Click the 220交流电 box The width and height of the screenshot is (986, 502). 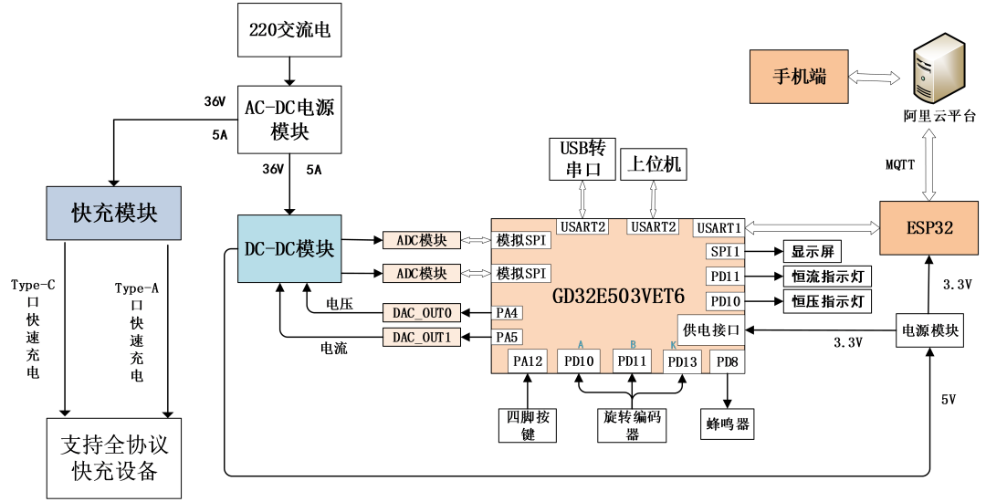289,29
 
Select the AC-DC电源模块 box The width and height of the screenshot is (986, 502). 289,120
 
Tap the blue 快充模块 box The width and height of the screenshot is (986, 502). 114,214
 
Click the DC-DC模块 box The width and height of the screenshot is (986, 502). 289,248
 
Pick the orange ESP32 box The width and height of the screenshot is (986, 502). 930,228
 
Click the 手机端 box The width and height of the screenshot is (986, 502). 798,76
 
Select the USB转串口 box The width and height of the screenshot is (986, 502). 582,159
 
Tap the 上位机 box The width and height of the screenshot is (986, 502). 655,165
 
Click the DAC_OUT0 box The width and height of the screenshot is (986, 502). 422,312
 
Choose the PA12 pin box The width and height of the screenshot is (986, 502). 529,361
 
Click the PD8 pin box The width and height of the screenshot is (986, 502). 727,361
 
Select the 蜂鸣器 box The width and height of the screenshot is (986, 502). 728,424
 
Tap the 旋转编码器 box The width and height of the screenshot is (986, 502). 633,424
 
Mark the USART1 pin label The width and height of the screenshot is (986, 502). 719,227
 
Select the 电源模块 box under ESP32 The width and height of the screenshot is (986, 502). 930,330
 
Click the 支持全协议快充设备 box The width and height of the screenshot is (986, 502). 114,458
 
